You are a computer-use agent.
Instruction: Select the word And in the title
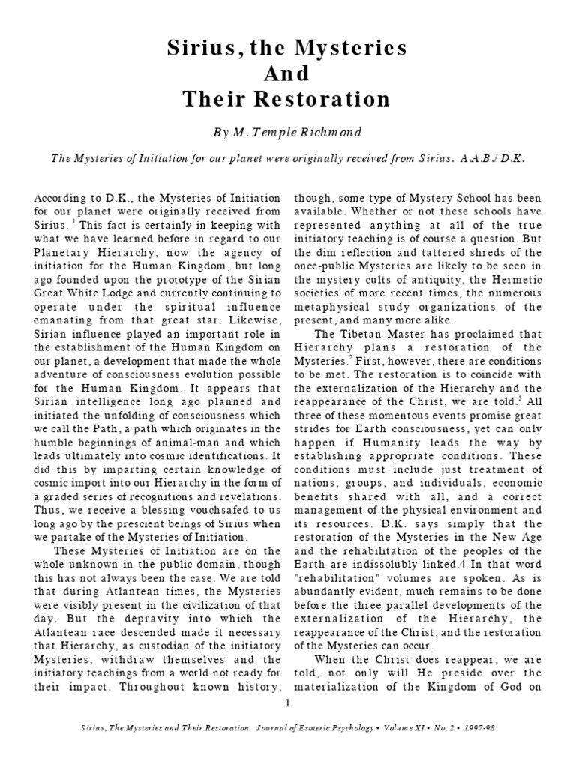coord(288,74)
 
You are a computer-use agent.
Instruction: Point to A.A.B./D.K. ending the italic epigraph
coord(499,159)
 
